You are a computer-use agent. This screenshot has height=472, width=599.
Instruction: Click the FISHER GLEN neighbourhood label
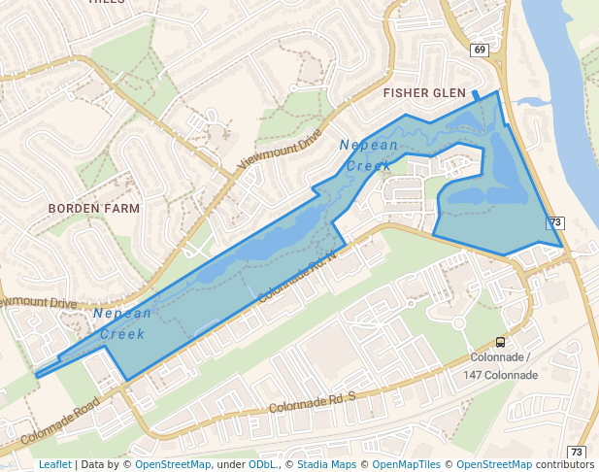424,93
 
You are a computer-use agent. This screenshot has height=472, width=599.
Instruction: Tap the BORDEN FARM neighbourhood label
94,209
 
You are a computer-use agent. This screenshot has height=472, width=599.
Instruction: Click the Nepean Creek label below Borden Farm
122,323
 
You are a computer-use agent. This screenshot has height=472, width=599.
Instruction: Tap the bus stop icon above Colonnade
500,342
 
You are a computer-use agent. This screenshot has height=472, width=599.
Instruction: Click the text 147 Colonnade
500,375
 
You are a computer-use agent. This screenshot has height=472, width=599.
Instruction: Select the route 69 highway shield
480,50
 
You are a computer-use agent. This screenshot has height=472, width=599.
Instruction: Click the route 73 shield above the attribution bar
577,453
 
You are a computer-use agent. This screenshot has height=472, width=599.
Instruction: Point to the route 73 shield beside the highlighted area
555,222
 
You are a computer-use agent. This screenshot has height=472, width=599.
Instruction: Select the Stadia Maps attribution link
324,465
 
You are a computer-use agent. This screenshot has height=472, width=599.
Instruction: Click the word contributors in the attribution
564,465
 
